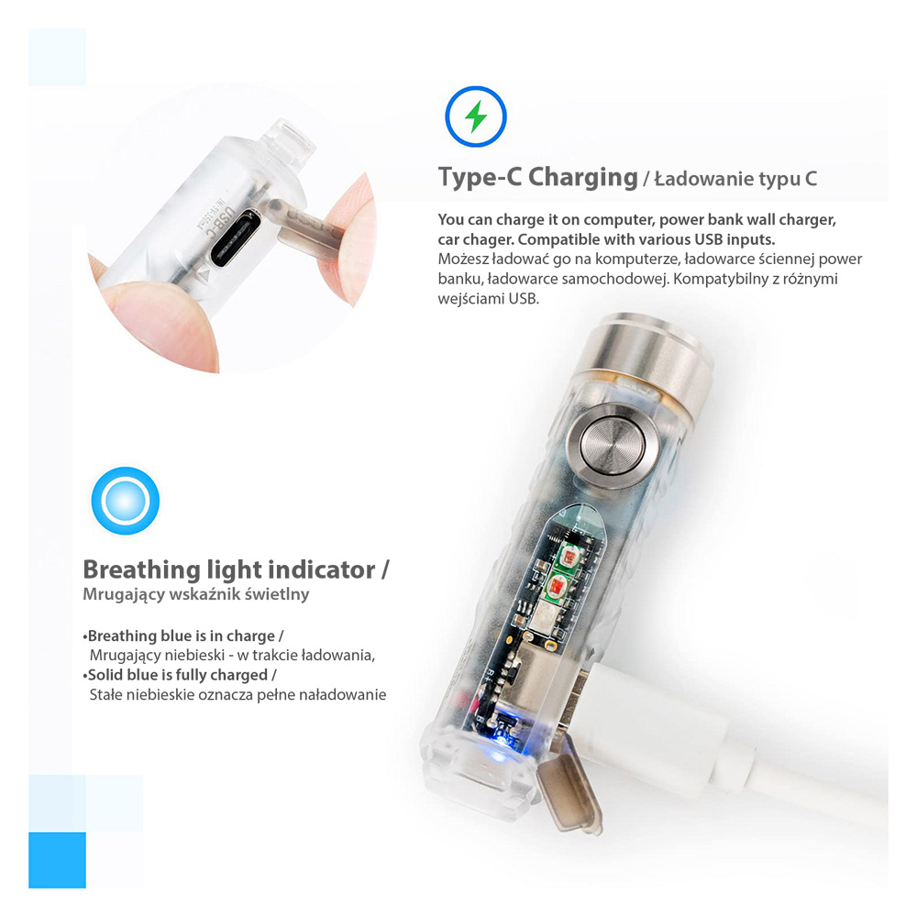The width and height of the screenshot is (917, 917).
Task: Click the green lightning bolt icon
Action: pos(475,116)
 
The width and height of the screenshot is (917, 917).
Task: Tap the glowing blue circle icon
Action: pos(125,501)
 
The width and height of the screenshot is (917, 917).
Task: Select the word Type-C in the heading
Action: pos(480,177)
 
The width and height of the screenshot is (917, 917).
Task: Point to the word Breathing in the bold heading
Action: pos(141,570)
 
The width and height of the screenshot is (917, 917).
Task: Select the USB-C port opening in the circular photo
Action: pos(237,238)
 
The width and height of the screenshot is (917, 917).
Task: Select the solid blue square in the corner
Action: pos(57,860)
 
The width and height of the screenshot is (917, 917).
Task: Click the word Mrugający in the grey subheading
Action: pos(124,595)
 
